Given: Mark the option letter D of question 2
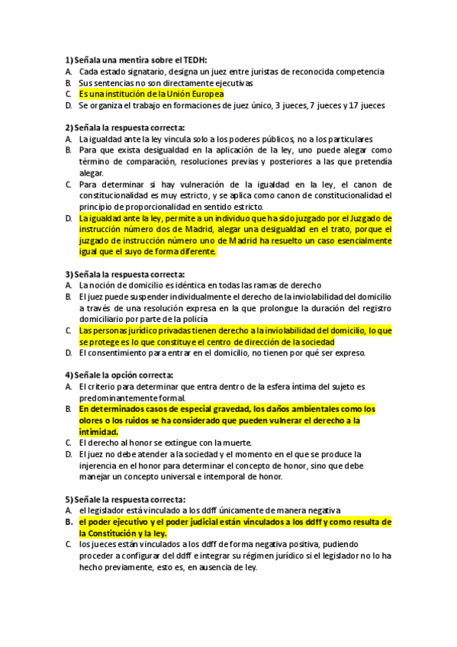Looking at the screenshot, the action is [68, 218].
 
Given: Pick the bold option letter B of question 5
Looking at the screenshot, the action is [68, 522].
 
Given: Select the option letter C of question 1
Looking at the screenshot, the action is [68, 94].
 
